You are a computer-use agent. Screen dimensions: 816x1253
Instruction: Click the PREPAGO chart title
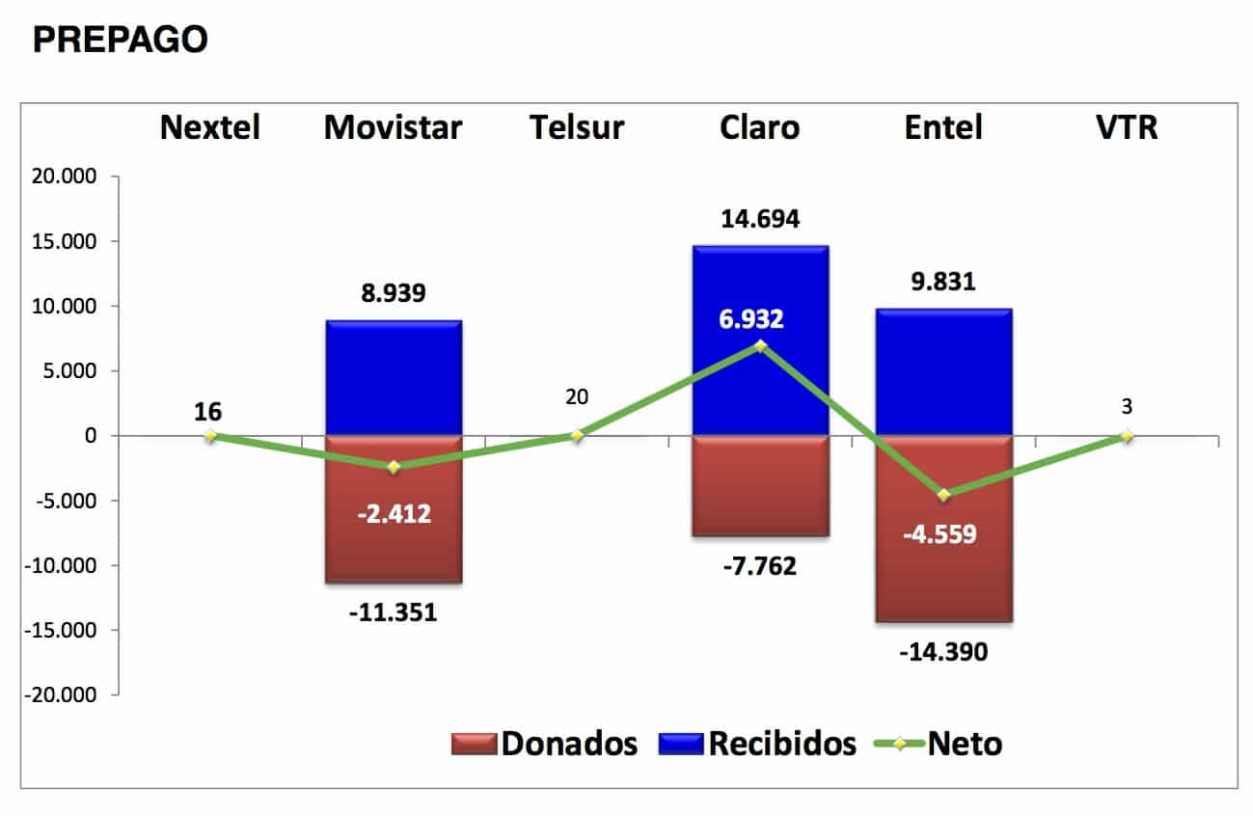(120, 40)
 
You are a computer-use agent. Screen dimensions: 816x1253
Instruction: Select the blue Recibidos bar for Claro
(760, 289)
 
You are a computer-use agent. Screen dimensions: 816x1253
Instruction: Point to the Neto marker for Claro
(760, 346)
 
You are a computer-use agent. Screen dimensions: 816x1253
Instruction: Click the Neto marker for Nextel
(210, 436)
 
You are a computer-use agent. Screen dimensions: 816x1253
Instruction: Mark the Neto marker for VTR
(1127, 436)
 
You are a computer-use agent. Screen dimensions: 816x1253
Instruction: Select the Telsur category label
(577, 127)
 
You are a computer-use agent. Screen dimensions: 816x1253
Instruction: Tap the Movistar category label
(394, 127)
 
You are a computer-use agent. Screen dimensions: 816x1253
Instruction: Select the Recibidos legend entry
(757, 744)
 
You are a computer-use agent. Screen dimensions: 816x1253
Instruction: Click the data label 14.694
(760, 219)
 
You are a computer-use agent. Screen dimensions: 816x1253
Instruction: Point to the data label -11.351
(394, 612)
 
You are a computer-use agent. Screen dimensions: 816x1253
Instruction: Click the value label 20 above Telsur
(577, 396)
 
